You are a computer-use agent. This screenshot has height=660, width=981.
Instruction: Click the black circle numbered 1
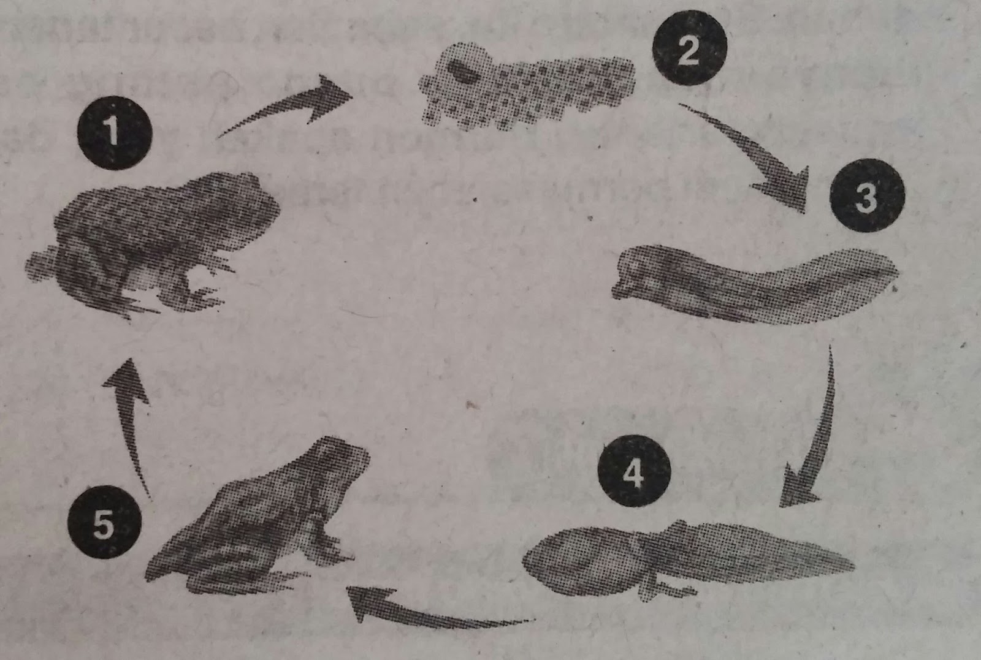115,132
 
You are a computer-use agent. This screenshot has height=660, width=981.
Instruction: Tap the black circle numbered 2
690,47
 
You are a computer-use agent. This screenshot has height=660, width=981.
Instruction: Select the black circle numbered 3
867,195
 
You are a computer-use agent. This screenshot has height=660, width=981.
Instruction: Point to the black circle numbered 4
635,471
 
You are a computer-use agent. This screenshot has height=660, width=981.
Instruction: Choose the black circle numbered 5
104,522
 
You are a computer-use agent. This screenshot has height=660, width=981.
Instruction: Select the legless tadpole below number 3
754,284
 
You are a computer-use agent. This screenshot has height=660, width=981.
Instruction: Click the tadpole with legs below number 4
687,558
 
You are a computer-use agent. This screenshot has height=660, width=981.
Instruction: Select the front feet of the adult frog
206,289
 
